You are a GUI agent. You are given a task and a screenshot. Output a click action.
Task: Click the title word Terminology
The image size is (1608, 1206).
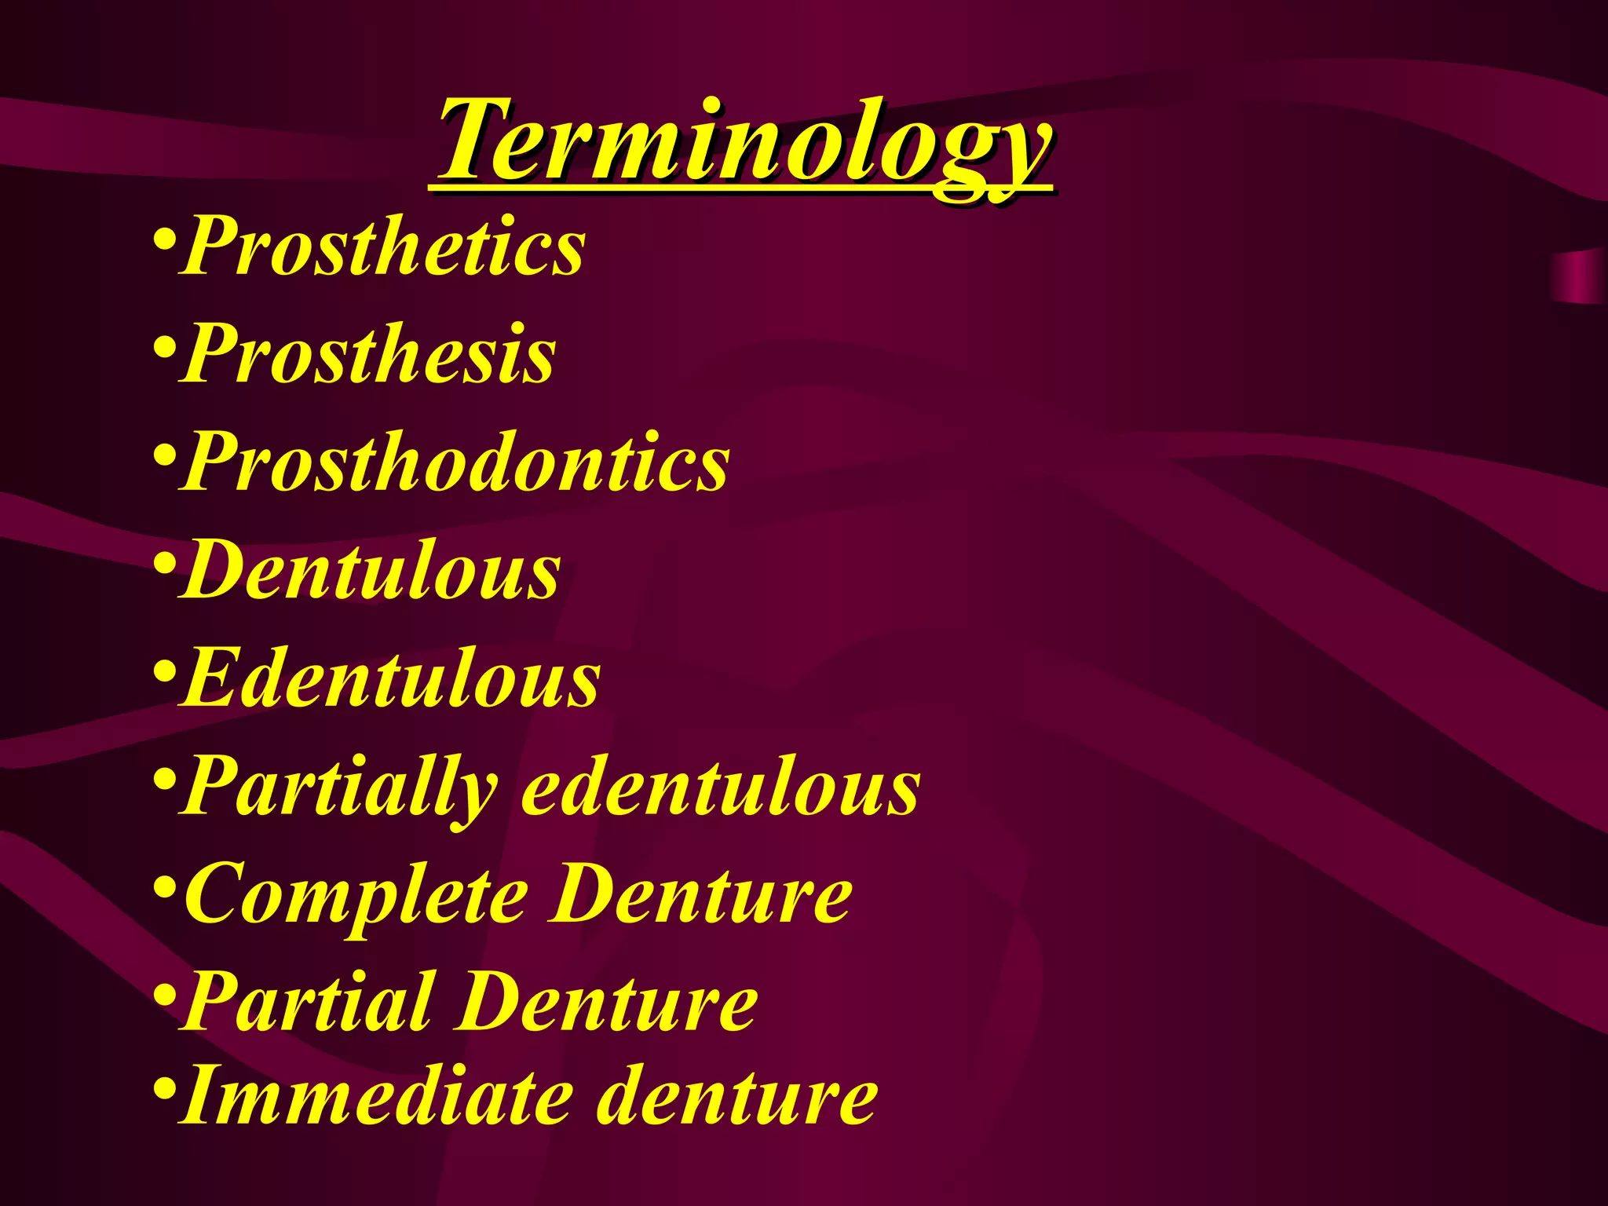click(x=744, y=141)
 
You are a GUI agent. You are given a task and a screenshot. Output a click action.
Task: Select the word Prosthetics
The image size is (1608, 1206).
click(x=383, y=247)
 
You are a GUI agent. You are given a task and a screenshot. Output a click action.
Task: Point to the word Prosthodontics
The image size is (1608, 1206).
click(x=455, y=463)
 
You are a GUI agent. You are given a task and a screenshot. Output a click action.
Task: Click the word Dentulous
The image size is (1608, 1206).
click(x=371, y=572)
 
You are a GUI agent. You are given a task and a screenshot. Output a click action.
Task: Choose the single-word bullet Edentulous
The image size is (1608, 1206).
click(x=391, y=679)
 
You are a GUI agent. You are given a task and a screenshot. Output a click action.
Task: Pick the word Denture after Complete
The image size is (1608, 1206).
click(x=700, y=895)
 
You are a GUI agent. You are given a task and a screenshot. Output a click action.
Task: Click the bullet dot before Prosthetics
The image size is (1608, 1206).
click(x=164, y=238)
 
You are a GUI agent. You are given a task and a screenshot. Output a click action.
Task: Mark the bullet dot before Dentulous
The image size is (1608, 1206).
click(x=164, y=562)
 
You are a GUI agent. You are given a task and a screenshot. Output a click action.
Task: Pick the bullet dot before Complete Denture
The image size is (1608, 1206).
click(x=164, y=887)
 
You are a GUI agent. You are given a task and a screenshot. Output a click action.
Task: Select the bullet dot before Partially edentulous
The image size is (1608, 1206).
click(x=164, y=779)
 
